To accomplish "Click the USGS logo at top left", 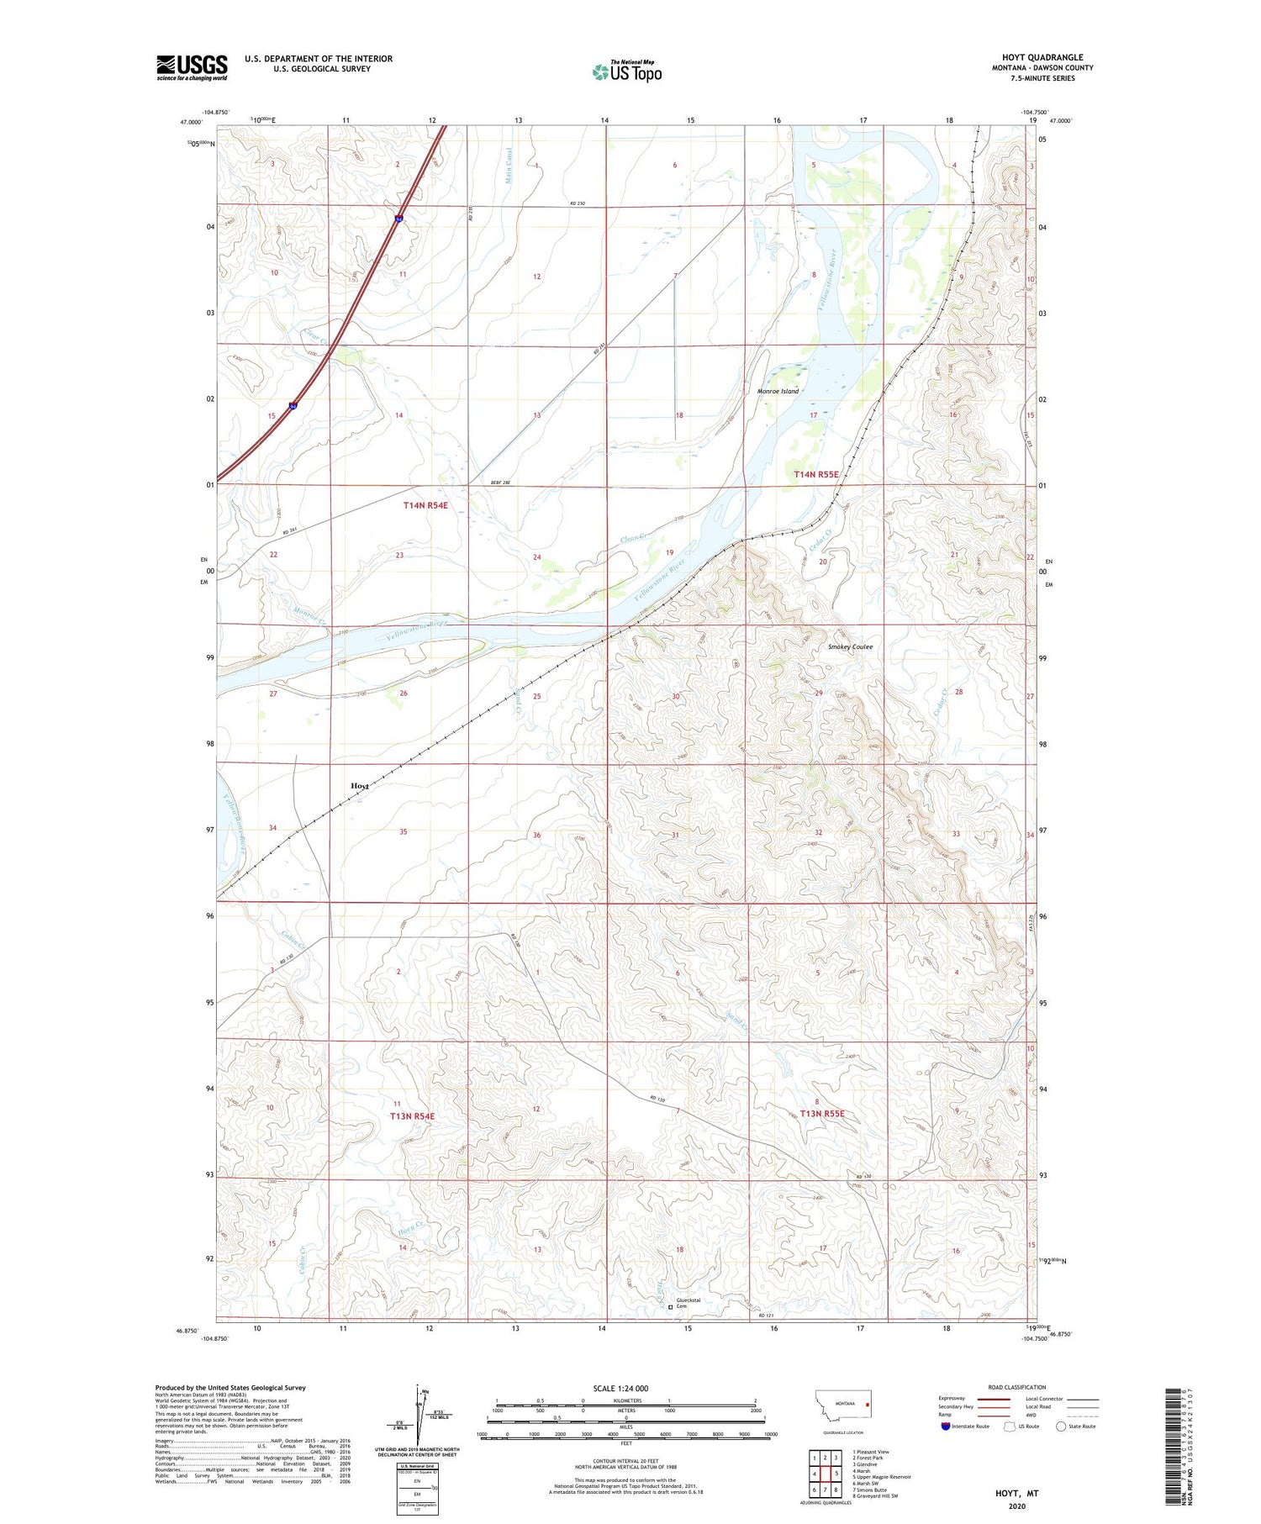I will (x=192, y=67).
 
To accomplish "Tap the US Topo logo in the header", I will (x=626, y=72).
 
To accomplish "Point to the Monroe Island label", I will (x=778, y=391).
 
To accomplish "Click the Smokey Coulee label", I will (x=850, y=646).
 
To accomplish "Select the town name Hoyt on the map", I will (x=359, y=785).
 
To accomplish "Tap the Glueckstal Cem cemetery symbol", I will (x=670, y=1307).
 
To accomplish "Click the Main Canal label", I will (x=509, y=166).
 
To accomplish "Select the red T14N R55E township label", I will (x=816, y=475).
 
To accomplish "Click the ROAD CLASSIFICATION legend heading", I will (x=1016, y=1387).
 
